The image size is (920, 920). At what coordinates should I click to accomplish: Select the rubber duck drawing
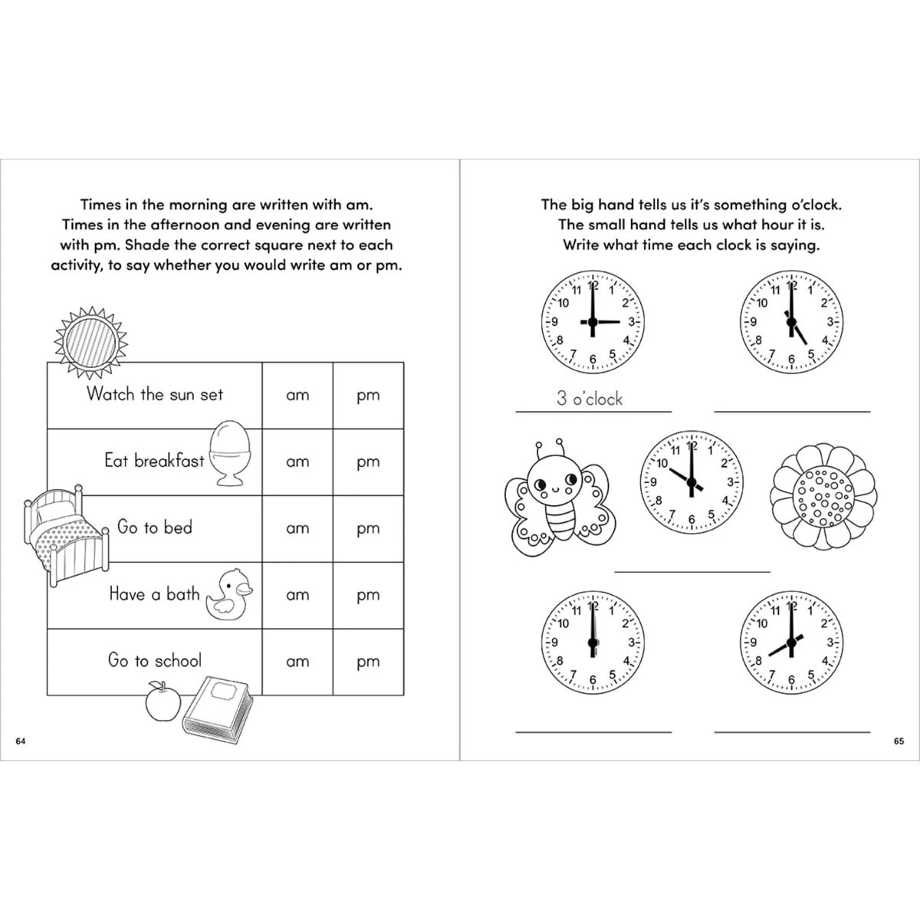pos(228,594)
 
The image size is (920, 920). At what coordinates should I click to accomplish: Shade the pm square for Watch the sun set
pos(368,396)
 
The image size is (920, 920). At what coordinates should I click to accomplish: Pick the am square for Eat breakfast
pos(297,462)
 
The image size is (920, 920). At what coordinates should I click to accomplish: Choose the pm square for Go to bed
pos(368,528)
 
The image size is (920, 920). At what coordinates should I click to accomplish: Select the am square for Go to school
pos(297,662)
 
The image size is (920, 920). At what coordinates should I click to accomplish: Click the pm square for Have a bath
pos(368,595)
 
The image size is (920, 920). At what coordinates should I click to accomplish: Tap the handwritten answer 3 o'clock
pos(590,399)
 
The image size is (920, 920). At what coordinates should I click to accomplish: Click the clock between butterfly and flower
pos(692,483)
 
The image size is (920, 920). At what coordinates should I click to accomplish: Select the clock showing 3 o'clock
pos(593,322)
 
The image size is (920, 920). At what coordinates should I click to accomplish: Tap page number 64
pos(21,741)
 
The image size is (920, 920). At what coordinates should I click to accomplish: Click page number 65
pos(899,741)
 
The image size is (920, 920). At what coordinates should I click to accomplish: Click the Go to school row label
pos(155,661)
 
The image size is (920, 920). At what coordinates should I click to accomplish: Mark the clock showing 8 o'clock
pos(791,642)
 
